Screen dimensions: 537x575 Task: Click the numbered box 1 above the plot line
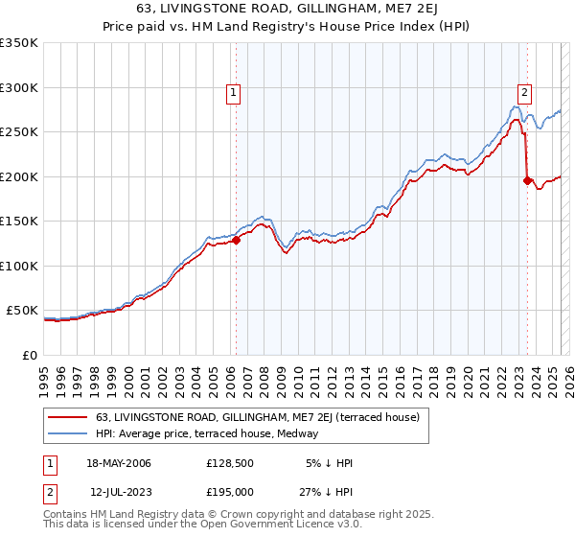click(234, 93)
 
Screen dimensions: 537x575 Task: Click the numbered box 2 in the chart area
click(525, 93)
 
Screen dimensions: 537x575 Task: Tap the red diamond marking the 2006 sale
click(236, 241)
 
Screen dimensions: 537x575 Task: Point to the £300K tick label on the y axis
click(18, 87)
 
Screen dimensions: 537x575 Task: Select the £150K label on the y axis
click(18, 221)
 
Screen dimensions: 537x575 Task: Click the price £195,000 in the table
click(229, 491)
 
